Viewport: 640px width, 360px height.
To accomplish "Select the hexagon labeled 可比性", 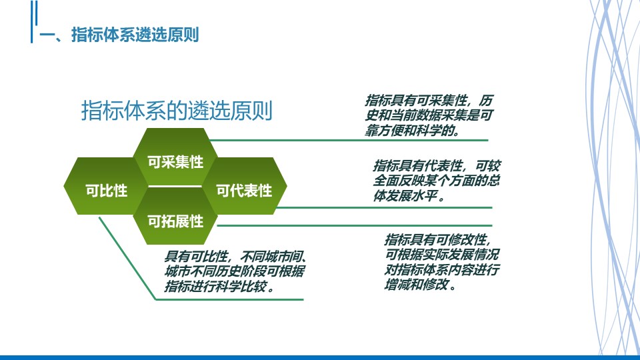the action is pyautogui.click(x=106, y=186).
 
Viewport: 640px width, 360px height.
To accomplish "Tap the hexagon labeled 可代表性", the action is pyautogui.click(x=245, y=186).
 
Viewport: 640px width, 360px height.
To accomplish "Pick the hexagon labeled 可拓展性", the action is pyautogui.click(x=175, y=216).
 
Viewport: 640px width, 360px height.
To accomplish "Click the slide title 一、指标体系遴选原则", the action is pyautogui.click(x=119, y=35).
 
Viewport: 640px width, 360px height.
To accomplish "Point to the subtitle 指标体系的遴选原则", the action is pyautogui.click(x=177, y=110).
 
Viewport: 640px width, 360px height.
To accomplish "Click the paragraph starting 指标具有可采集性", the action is pyautogui.click(x=429, y=115).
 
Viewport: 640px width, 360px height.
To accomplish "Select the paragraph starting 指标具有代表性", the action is pyautogui.click(x=436, y=181).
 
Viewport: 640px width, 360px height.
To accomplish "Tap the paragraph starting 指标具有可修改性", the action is pyautogui.click(x=441, y=261).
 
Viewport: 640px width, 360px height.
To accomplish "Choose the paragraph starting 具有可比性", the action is pyautogui.click(x=235, y=271).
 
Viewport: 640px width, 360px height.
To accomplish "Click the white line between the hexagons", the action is pyautogui.click(x=175, y=187).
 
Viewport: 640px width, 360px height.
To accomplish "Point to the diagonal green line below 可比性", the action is pyautogui.click(x=127, y=258).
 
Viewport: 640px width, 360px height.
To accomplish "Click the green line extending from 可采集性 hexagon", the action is pyautogui.click(x=349, y=140).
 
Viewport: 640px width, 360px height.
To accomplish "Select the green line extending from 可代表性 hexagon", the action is pyautogui.click(x=384, y=207).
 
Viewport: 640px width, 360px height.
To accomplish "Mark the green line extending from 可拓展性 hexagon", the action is pyautogui.click(x=354, y=225).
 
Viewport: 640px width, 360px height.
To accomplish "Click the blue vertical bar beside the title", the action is pyautogui.click(x=32, y=21).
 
